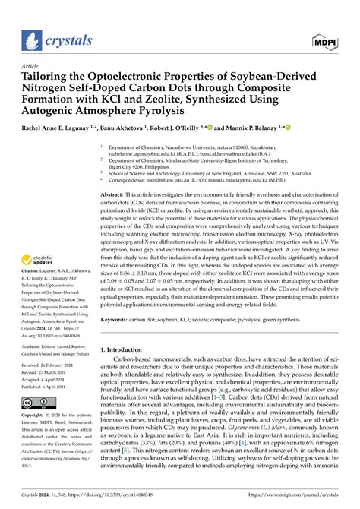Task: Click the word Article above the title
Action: (30, 65)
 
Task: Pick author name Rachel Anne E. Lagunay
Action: (61, 130)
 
